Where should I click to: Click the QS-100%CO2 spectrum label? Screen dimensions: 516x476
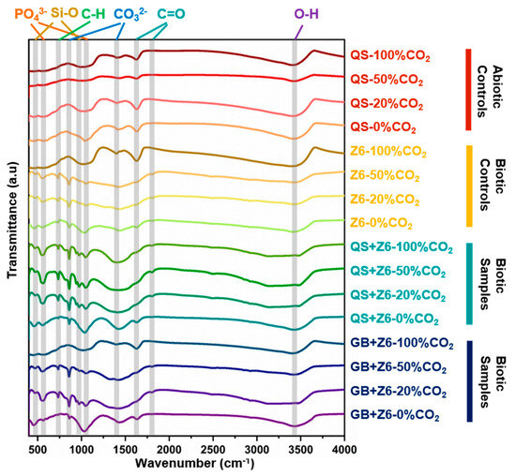point(390,56)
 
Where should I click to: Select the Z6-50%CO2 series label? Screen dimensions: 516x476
point(385,175)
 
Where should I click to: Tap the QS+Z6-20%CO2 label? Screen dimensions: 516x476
point(398,295)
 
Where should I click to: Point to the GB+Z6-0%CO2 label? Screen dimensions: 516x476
point(395,415)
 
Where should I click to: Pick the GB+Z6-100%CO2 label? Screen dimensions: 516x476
point(402,344)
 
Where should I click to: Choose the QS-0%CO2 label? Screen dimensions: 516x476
point(383,127)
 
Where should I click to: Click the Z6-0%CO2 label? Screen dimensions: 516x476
point(381,224)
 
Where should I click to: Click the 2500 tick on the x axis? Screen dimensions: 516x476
point(213,450)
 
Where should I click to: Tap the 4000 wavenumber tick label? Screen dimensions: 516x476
point(344,450)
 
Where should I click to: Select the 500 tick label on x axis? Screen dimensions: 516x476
point(38,450)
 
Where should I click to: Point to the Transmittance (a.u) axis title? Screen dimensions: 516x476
point(12,220)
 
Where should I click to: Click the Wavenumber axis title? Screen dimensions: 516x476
point(194,464)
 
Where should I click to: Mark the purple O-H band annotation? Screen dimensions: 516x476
point(307,14)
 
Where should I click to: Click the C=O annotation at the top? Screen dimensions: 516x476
point(171,14)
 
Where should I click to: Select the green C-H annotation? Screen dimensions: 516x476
point(93,14)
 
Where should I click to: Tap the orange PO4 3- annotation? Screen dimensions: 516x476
point(31,14)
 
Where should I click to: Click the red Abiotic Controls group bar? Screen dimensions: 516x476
point(468,90)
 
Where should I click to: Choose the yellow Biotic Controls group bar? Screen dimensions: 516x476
point(469,186)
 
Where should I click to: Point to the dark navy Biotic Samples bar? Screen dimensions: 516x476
point(470,381)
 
